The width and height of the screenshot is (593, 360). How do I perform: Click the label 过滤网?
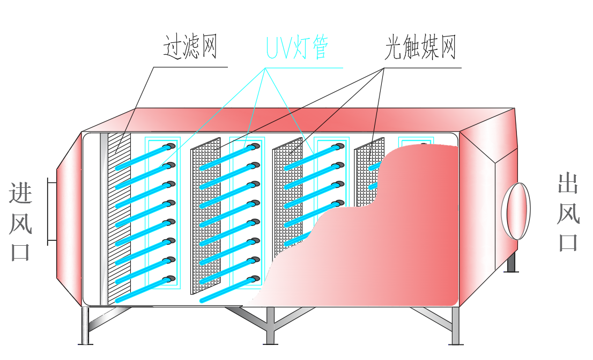(190, 48)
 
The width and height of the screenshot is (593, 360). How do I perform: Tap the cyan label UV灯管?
(296, 49)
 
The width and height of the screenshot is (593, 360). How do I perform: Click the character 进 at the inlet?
(20, 193)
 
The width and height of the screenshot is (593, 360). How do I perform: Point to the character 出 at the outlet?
(568, 183)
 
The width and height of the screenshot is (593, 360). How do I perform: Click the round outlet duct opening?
(516, 211)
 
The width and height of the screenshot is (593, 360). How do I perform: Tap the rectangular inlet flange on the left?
(51, 211)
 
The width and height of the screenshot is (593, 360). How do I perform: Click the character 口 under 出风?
(568, 241)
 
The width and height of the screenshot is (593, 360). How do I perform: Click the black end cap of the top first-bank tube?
(171, 145)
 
